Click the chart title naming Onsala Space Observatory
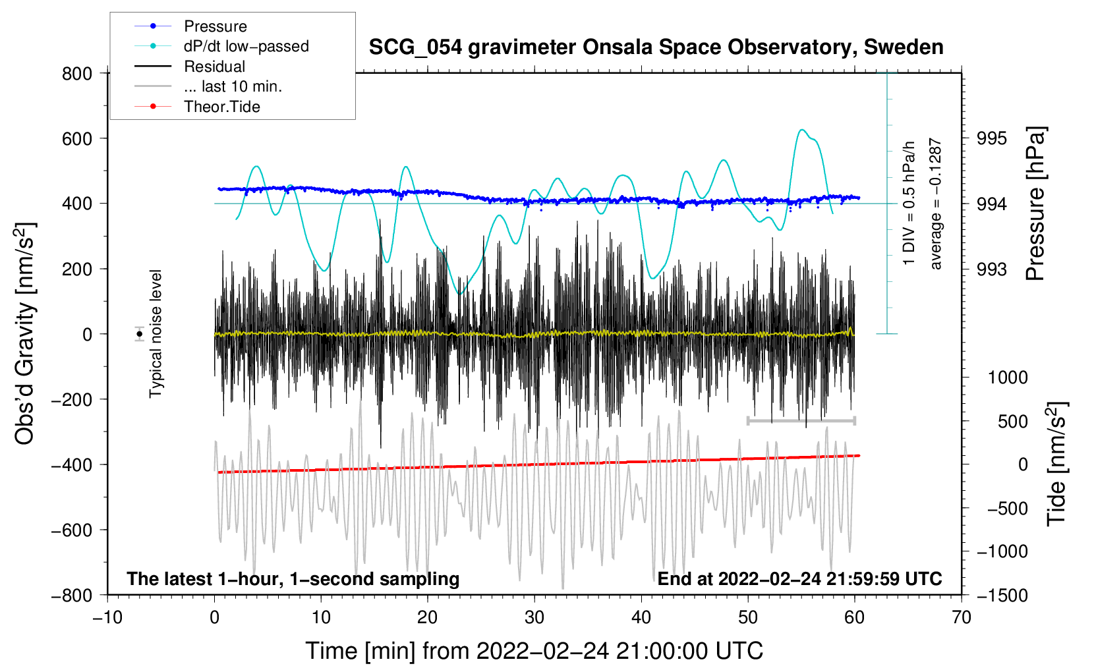pyautogui.click(x=656, y=47)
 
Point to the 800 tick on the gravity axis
pyautogui.click(x=77, y=73)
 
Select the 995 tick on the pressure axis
pyautogui.click(x=992, y=138)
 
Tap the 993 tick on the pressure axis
pyautogui.click(x=992, y=269)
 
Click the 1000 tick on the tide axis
pyautogui.click(x=1007, y=378)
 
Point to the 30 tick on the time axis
pyautogui.click(x=534, y=617)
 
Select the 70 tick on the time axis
pyautogui.click(x=962, y=617)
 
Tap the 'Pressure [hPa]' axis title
pyautogui.click(x=1035, y=204)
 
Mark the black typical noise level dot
pyautogui.click(x=140, y=334)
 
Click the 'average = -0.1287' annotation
pyautogui.click(x=936, y=204)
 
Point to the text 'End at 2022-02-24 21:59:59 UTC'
pyautogui.click(x=799, y=578)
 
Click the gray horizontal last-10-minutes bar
pyautogui.click(x=801, y=420)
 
